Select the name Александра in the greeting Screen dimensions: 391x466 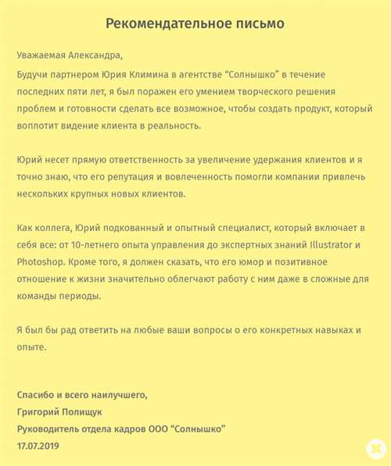(x=95, y=55)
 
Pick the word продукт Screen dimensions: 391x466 (x=306, y=108)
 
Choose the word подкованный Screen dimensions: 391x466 (x=129, y=227)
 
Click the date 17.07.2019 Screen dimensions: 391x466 (x=38, y=446)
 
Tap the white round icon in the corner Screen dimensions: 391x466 (x=375, y=449)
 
